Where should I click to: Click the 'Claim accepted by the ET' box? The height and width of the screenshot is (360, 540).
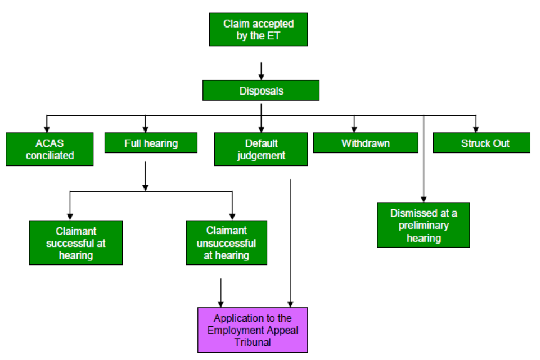click(x=258, y=29)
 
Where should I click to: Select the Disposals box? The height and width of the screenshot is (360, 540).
click(x=261, y=91)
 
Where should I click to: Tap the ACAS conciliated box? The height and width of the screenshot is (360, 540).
click(x=49, y=149)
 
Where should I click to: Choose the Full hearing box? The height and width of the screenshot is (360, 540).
click(x=151, y=143)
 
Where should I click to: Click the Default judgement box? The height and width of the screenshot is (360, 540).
click(x=261, y=149)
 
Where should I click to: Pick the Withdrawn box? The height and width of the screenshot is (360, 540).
click(x=365, y=143)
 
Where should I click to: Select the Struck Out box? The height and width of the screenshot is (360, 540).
click(x=481, y=143)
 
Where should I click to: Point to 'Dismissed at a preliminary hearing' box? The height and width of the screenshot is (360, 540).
click(x=423, y=225)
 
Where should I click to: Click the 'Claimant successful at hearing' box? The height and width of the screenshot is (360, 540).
click(x=75, y=242)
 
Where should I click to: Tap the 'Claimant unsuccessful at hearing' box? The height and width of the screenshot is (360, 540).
click(x=226, y=242)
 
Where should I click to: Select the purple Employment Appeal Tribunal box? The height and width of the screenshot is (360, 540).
click(x=253, y=330)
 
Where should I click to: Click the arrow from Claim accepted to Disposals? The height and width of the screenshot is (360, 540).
click(x=261, y=70)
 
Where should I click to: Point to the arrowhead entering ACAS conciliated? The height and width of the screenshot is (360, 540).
click(x=47, y=128)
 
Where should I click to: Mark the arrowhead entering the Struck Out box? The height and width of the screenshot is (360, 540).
click(x=476, y=128)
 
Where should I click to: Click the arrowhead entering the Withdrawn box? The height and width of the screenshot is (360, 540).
click(x=354, y=128)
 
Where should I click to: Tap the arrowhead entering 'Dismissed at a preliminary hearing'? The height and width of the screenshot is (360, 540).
click(x=424, y=198)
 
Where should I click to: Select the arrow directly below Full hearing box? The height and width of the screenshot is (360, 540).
click(x=146, y=176)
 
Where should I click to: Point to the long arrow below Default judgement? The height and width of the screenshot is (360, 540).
click(x=290, y=242)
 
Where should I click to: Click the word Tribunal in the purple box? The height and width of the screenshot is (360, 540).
click(x=253, y=342)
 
